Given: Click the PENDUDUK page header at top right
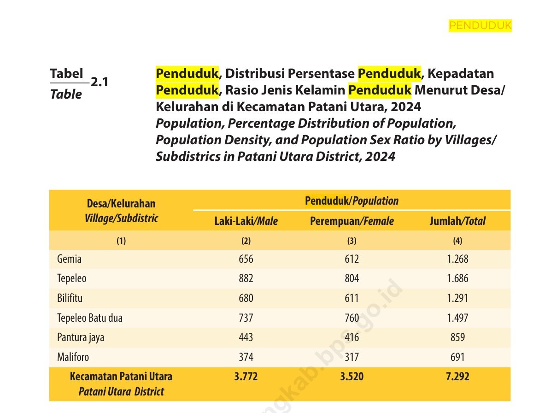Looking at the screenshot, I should (x=480, y=26).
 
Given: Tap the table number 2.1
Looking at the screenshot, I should (x=99, y=83).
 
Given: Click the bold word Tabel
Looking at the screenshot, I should (x=66, y=73).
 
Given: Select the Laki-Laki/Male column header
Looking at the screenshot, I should (x=246, y=221).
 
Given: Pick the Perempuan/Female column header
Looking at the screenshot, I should (x=352, y=221).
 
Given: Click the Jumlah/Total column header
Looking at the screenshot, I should (x=457, y=221).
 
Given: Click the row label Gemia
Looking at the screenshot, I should (x=69, y=259).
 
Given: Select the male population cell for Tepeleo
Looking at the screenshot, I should (x=246, y=278).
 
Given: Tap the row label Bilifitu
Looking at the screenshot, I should (x=70, y=298).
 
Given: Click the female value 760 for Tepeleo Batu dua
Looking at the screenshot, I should (x=352, y=318).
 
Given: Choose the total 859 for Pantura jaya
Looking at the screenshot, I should (x=457, y=337).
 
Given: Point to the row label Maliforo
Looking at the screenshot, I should (x=73, y=357).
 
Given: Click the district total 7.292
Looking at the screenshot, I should (x=457, y=377).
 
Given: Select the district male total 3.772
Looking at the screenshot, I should (x=246, y=377).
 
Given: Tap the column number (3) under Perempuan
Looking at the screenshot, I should (x=352, y=241).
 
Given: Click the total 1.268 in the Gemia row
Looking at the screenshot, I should (x=457, y=259).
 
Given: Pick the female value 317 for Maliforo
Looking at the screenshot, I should (x=352, y=357).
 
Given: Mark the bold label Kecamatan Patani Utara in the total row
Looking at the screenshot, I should (x=121, y=377).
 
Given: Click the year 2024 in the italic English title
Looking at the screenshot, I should (x=380, y=157).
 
